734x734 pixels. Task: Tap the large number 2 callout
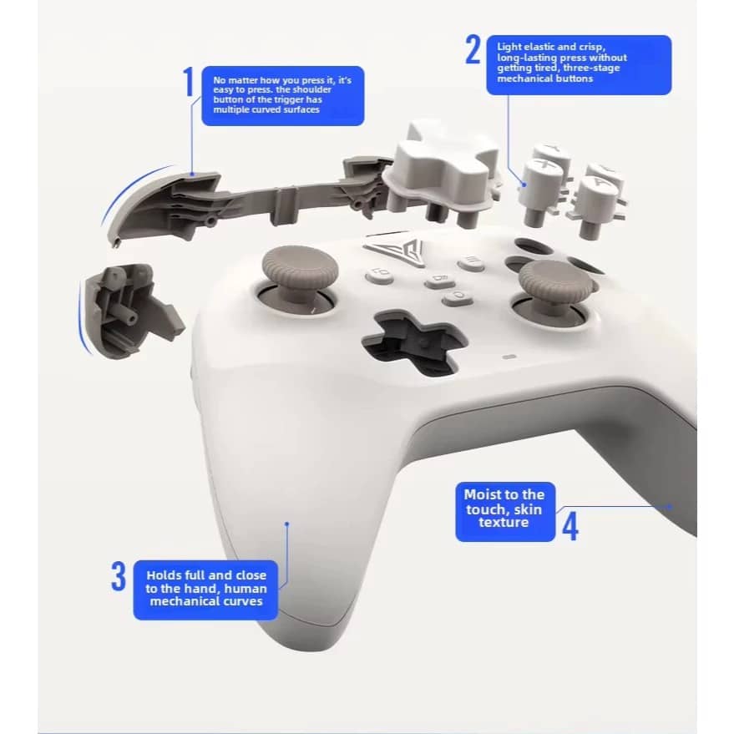point(473,50)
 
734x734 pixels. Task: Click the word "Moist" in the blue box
point(483,494)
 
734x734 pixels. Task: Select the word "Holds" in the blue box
point(165,575)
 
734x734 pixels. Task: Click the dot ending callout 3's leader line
point(286,524)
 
